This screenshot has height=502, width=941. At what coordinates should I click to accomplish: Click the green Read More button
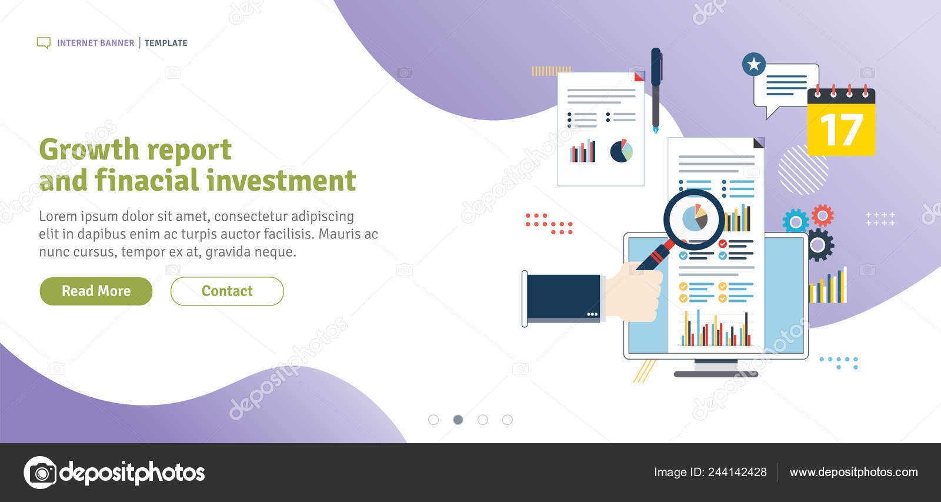click(96, 291)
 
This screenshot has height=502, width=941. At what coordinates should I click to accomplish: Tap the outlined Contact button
click(227, 291)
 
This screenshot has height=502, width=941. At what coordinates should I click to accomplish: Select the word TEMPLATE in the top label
click(166, 43)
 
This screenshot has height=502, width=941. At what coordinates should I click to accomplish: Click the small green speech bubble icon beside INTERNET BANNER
click(44, 43)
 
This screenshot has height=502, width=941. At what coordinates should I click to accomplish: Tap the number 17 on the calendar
click(841, 130)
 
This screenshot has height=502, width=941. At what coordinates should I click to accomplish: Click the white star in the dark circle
click(754, 64)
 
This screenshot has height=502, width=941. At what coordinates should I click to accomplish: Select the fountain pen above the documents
click(656, 88)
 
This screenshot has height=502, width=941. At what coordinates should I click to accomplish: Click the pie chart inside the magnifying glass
click(695, 218)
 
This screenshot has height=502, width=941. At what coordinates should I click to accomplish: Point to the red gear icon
click(822, 216)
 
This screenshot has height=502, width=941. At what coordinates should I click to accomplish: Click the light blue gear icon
click(795, 222)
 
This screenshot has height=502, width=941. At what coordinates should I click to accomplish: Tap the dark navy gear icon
click(818, 245)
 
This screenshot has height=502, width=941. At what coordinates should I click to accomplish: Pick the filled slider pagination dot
click(458, 420)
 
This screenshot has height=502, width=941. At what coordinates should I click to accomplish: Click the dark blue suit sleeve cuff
click(563, 298)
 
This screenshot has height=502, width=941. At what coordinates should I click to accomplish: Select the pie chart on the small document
click(621, 151)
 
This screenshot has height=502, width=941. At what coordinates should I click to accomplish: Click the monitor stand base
click(715, 374)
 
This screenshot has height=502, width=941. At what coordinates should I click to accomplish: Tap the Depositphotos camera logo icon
click(41, 473)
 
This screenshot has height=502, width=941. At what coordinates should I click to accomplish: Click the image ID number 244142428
click(737, 472)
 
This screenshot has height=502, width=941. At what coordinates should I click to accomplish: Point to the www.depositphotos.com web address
click(853, 472)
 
